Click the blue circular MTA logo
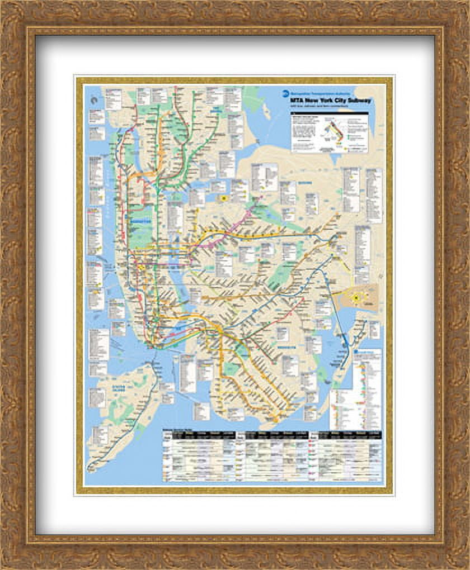point(286,94)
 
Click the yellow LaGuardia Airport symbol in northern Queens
point(224,198)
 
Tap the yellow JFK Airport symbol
point(356,299)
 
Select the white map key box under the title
point(330,133)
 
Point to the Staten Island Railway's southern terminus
point(90,469)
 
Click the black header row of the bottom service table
point(272,434)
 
